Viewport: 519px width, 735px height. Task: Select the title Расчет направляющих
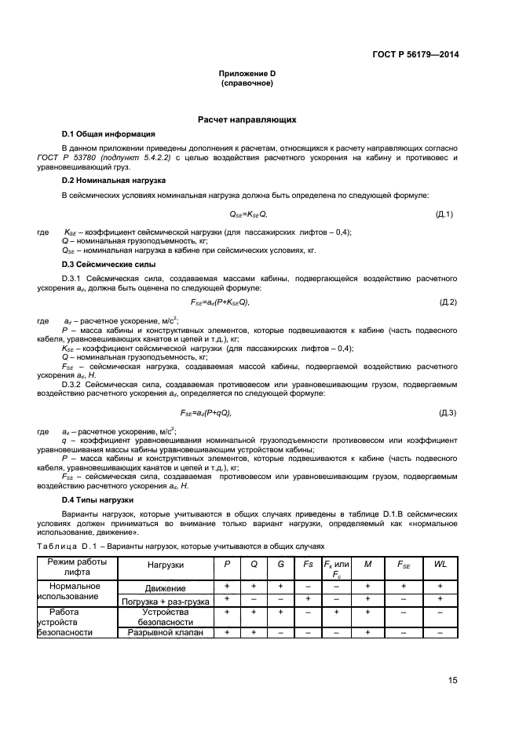(247, 120)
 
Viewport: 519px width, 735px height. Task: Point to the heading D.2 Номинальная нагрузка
(113, 181)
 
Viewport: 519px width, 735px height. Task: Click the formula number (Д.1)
(444, 214)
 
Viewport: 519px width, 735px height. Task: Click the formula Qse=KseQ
(248, 214)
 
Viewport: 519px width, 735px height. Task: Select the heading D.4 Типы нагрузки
(98, 500)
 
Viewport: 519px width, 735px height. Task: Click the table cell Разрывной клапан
(165, 632)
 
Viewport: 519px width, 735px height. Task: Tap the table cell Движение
(165, 587)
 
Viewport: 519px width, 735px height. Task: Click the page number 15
(453, 680)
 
